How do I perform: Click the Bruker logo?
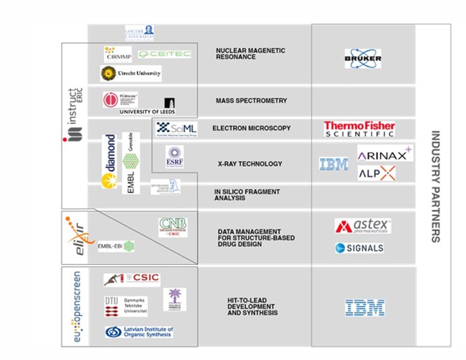[363, 58]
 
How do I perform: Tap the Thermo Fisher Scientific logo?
[359, 129]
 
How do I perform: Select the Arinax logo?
[385, 154]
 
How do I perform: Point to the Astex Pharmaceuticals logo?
[363, 226]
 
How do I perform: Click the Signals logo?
[359, 248]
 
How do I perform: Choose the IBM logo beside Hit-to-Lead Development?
[365, 307]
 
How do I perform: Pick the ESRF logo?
[174, 157]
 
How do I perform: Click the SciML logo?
[176, 129]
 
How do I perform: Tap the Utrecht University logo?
[131, 73]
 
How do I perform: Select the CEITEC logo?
[164, 54]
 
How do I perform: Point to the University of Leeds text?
[147, 112]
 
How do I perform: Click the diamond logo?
[110, 161]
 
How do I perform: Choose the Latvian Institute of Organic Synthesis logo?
[139, 332]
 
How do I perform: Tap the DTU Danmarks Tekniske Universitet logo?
[126, 306]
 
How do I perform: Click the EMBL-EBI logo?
[116, 246]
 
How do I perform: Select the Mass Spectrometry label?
[251, 101]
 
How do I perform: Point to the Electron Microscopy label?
[251, 128]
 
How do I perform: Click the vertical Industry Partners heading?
[435, 186]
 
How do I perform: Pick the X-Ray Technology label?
[250, 164]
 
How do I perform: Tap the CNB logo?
[173, 227]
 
